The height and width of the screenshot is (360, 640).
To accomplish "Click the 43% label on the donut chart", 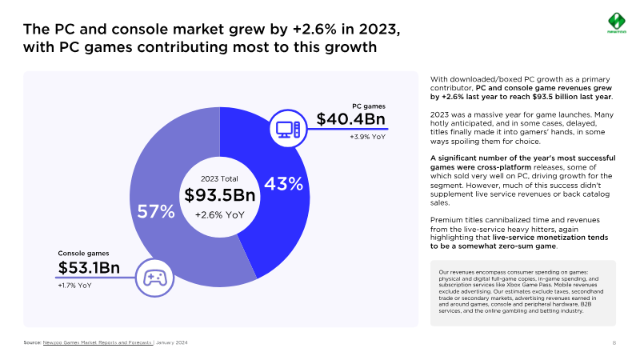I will pyautogui.click(x=283, y=184).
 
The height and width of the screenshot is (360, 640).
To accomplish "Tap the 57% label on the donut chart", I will pyautogui.click(x=157, y=212).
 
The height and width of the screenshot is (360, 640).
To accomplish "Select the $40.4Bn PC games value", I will pyautogui.click(x=351, y=119).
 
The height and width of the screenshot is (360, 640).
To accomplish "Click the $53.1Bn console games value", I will pyautogui.click(x=89, y=267).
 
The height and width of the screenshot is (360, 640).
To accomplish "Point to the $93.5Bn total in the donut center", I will pyautogui.click(x=219, y=195).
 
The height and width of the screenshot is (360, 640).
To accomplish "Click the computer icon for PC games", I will pyautogui.click(x=287, y=129).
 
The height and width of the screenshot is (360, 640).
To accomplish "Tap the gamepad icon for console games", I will pyautogui.click(x=153, y=277).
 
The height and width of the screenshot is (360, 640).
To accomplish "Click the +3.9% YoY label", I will pyautogui.click(x=368, y=138).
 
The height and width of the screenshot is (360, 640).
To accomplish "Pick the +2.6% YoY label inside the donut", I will pyautogui.click(x=219, y=214).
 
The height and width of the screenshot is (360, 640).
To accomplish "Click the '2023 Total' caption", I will pyautogui.click(x=219, y=178).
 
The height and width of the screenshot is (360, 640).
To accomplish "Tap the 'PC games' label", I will pyautogui.click(x=369, y=106).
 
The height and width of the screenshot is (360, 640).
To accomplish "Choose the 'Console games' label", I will pyautogui.click(x=83, y=254).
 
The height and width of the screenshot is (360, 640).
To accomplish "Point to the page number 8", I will pyautogui.click(x=614, y=342).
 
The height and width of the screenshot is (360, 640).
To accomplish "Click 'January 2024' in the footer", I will pyautogui.click(x=173, y=342).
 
